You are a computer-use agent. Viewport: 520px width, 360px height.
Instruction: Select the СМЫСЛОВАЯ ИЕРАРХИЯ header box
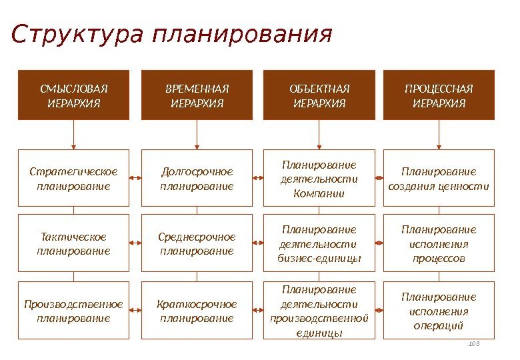click(73, 95)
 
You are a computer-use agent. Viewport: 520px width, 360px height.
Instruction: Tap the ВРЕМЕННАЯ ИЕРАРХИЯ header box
click(197, 95)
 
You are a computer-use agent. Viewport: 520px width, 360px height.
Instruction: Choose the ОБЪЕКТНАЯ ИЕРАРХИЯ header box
click(319, 95)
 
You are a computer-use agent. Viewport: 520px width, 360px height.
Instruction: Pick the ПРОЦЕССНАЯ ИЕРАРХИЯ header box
click(439, 95)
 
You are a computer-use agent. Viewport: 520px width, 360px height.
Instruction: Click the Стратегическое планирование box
click(73, 178)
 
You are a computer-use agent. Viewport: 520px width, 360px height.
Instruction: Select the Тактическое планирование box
click(73, 243)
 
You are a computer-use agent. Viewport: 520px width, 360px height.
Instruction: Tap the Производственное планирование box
click(73, 311)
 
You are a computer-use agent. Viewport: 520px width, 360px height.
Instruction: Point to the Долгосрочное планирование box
click(197, 178)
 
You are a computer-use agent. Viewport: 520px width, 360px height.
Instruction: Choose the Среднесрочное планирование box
click(197, 243)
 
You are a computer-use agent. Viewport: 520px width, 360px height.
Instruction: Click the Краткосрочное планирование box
click(197, 311)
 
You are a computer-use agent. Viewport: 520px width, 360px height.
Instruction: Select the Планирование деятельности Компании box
click(319, 178)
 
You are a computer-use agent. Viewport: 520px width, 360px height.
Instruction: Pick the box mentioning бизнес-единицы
click(319, 243)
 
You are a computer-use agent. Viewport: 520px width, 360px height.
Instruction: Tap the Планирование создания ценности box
click(439, 178)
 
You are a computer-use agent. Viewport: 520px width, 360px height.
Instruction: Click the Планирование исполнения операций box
click(439, 311)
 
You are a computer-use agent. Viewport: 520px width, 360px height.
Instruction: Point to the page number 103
click(475, 343)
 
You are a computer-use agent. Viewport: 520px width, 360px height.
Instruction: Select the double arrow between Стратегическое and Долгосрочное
click(135, 178)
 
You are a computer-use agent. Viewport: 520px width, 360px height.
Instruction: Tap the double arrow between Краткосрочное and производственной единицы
click(259, 311)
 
